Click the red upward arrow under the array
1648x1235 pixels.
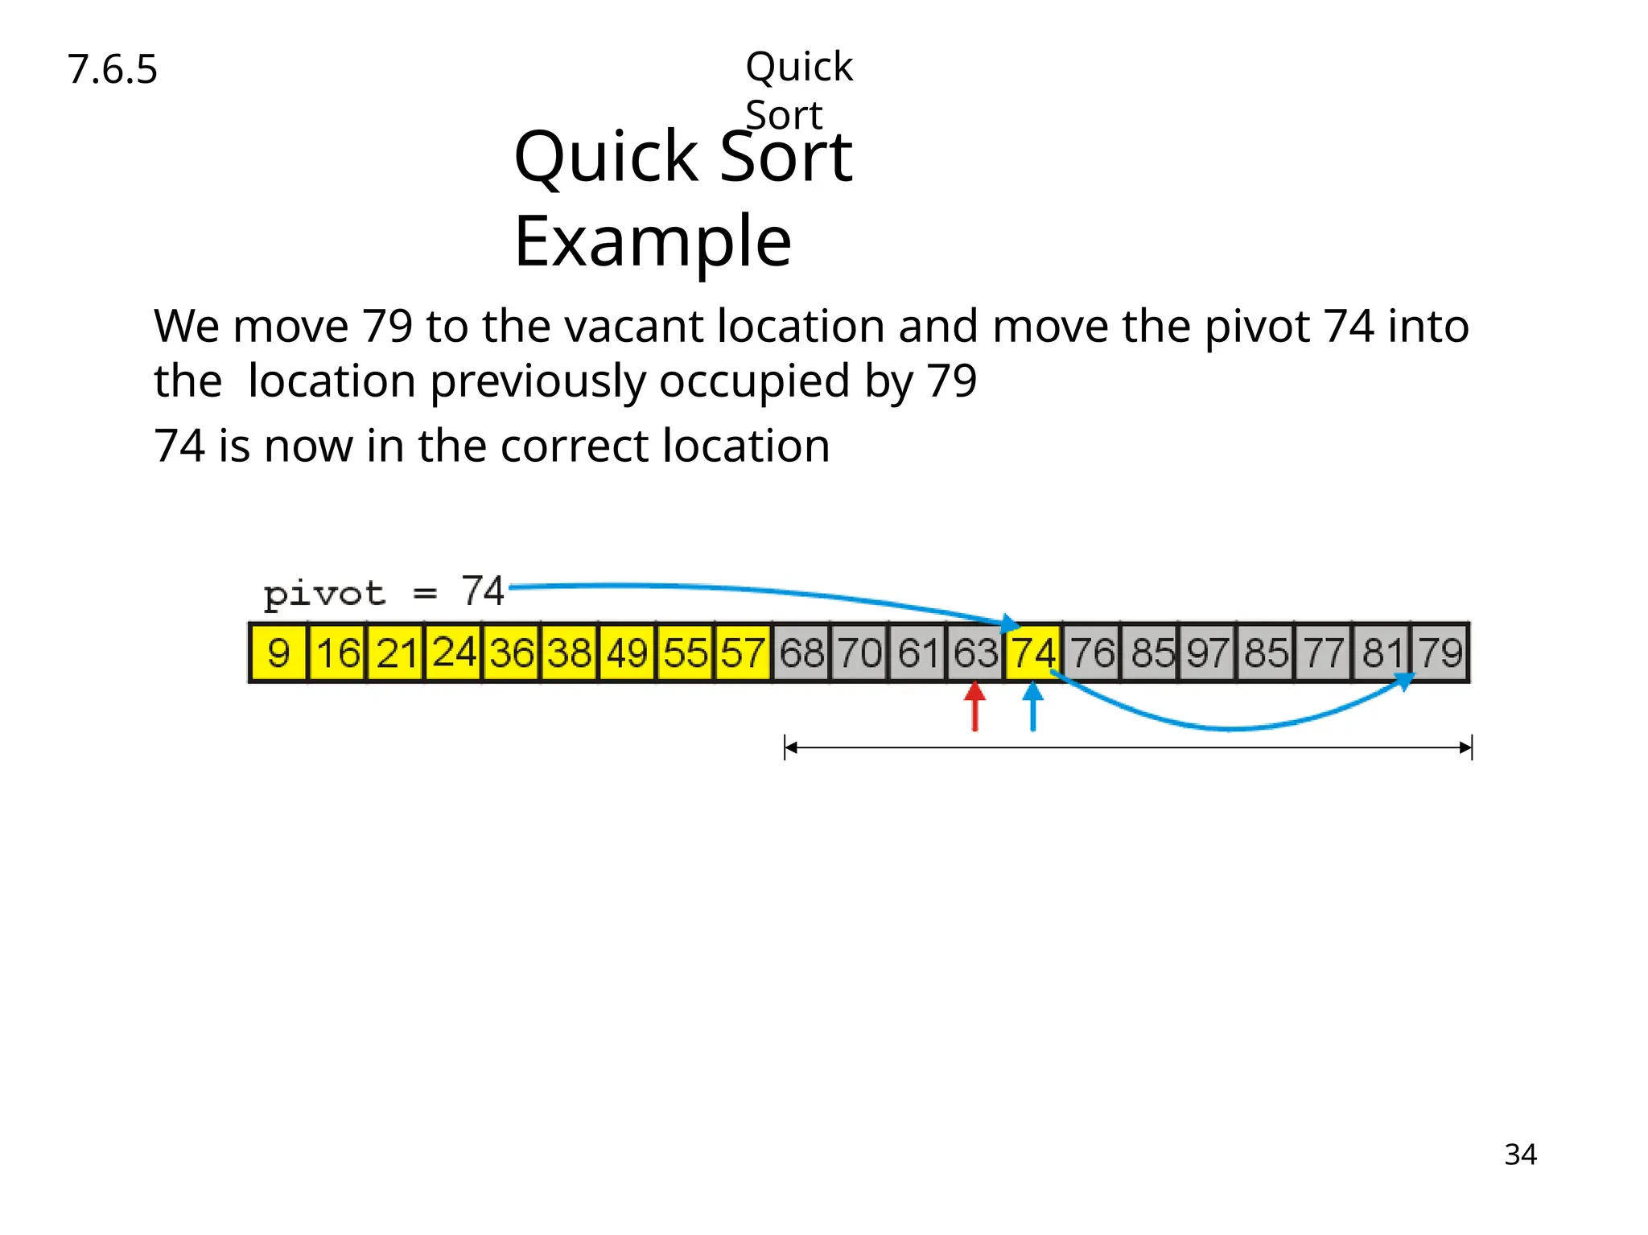974,706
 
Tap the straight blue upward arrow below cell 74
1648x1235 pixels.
1033,706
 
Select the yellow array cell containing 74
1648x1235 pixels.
1033,652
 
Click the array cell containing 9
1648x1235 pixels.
278,652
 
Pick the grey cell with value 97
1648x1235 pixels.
1208,652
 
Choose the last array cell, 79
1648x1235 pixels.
1440,652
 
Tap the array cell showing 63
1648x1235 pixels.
975,652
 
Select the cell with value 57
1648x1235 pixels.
743,652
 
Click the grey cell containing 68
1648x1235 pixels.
801,652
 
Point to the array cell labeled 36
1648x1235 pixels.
511,652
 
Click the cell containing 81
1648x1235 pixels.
1382,652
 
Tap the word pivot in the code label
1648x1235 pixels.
324,595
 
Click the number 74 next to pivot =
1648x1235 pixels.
483,591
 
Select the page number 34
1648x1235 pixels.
1520,1155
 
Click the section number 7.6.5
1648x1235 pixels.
113,69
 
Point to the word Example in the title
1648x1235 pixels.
653,241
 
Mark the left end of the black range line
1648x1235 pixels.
786,747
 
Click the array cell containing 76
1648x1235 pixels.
1092,652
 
